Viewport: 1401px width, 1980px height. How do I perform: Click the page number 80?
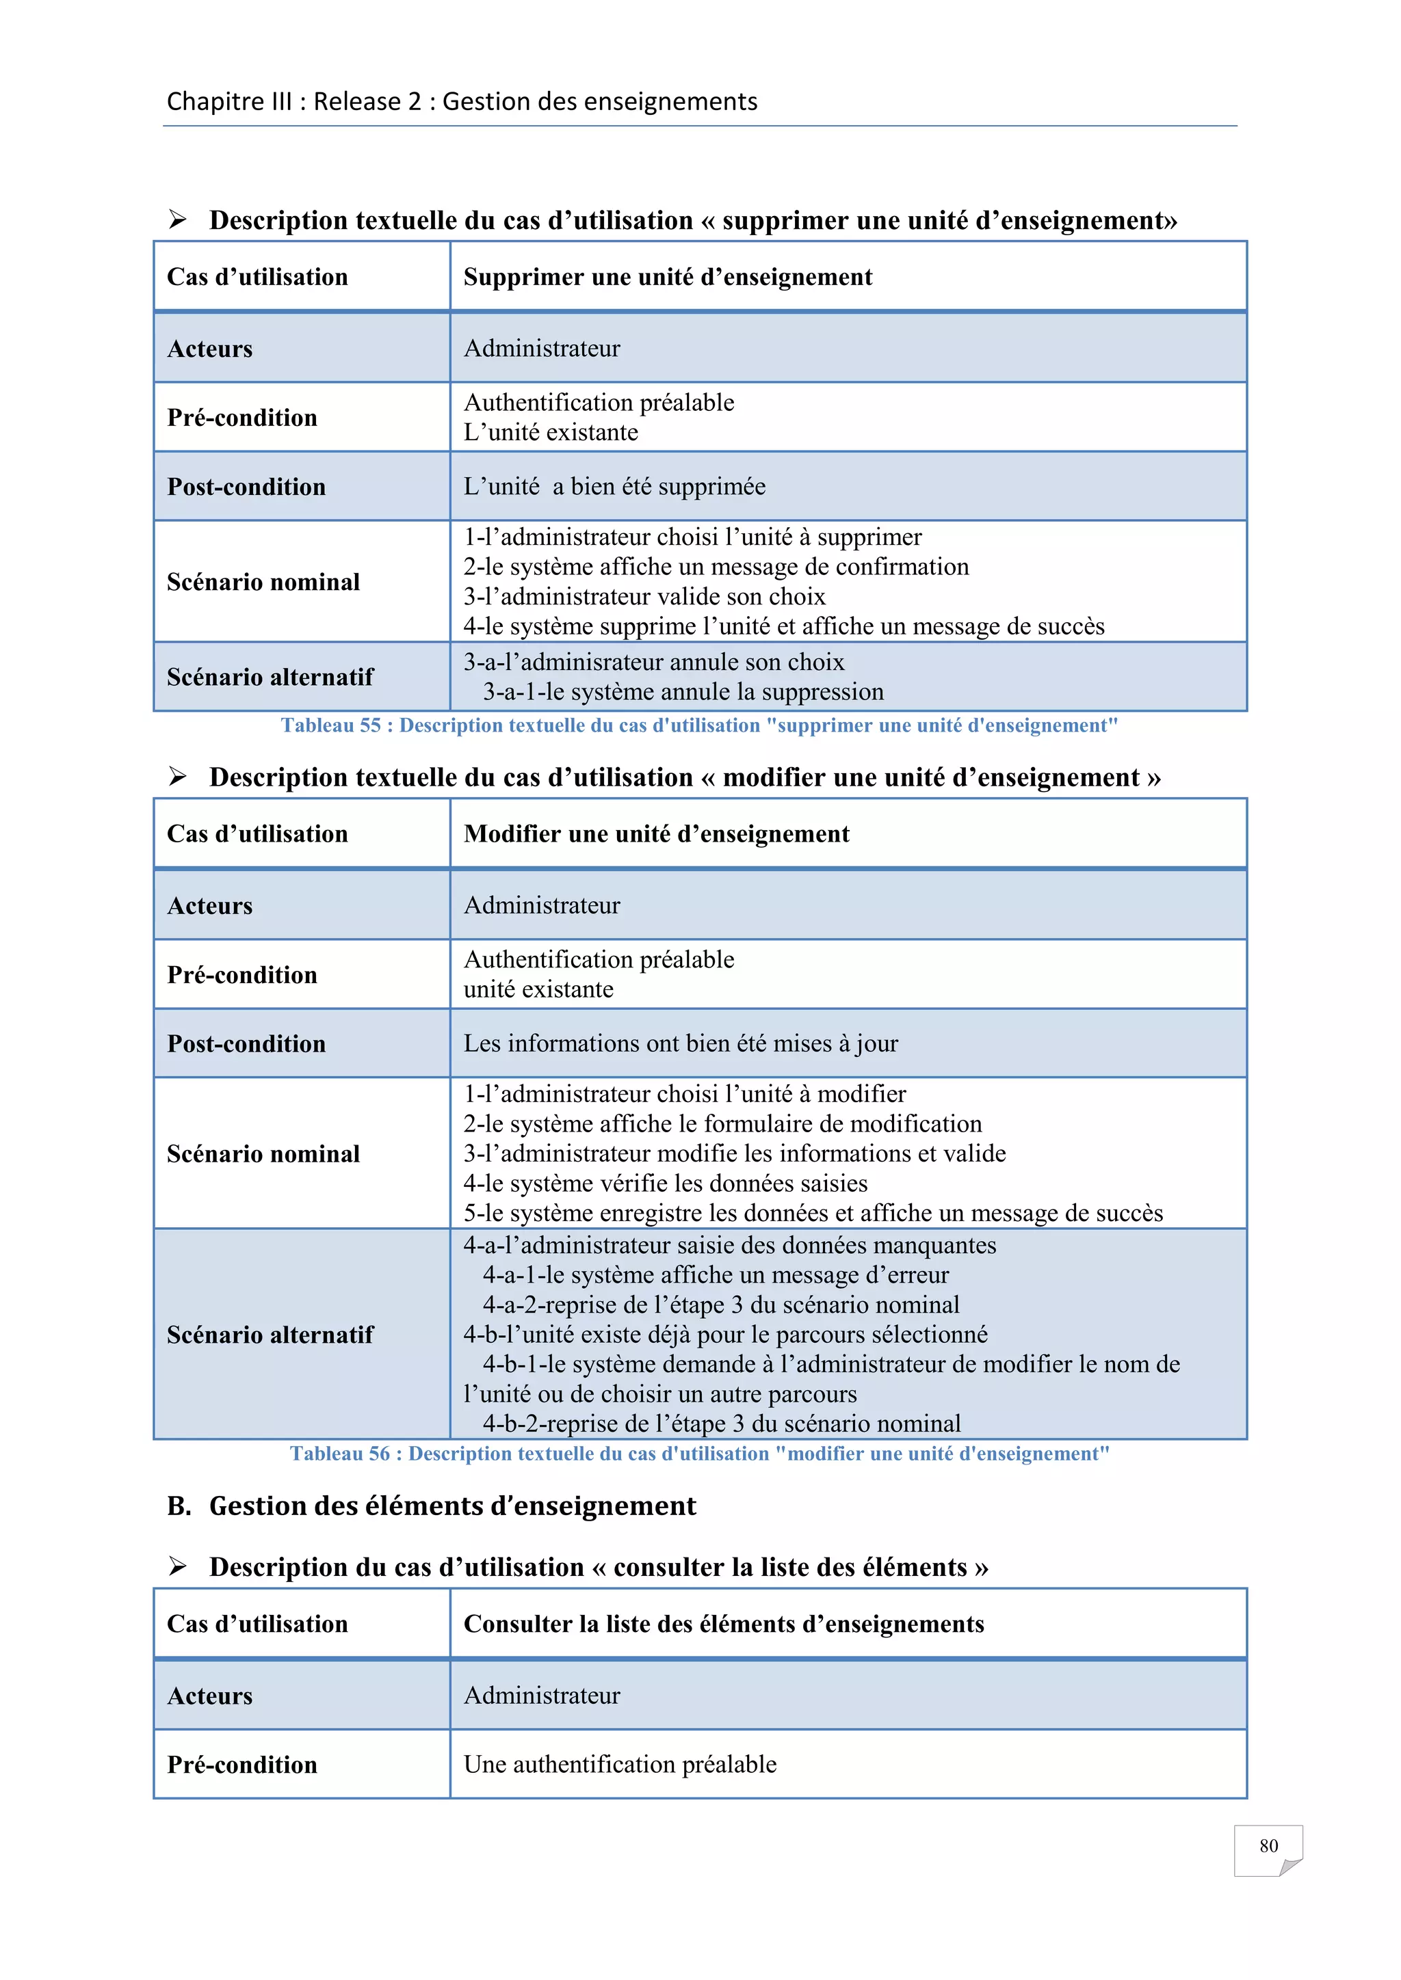tap(1268, 1845)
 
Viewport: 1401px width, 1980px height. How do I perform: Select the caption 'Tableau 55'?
tap(698, 725)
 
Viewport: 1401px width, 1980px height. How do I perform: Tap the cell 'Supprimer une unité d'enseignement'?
tap(668, 277)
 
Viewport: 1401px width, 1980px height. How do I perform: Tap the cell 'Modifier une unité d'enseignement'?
tap(657, 834)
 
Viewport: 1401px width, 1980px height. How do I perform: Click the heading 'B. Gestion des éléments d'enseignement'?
tap(432, 1506)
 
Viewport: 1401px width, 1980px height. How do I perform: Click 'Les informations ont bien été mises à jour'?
tap(681, 1043)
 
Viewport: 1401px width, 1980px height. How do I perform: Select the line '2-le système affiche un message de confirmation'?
tap(716, 567)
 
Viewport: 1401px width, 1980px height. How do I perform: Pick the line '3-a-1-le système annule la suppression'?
tap(683, 692)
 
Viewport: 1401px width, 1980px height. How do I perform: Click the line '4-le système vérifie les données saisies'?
tap(665, 1183)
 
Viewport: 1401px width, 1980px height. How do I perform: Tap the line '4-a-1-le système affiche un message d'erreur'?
tap(715, 1274)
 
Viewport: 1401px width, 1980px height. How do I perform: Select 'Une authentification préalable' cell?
tap(620, 1765)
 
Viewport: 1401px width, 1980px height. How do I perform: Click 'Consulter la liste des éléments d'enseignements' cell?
tap(724, 1624)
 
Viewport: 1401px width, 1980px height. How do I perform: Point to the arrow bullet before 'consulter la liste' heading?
tap(178, 1566)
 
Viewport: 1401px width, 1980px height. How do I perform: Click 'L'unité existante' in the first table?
tap(551, 432)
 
